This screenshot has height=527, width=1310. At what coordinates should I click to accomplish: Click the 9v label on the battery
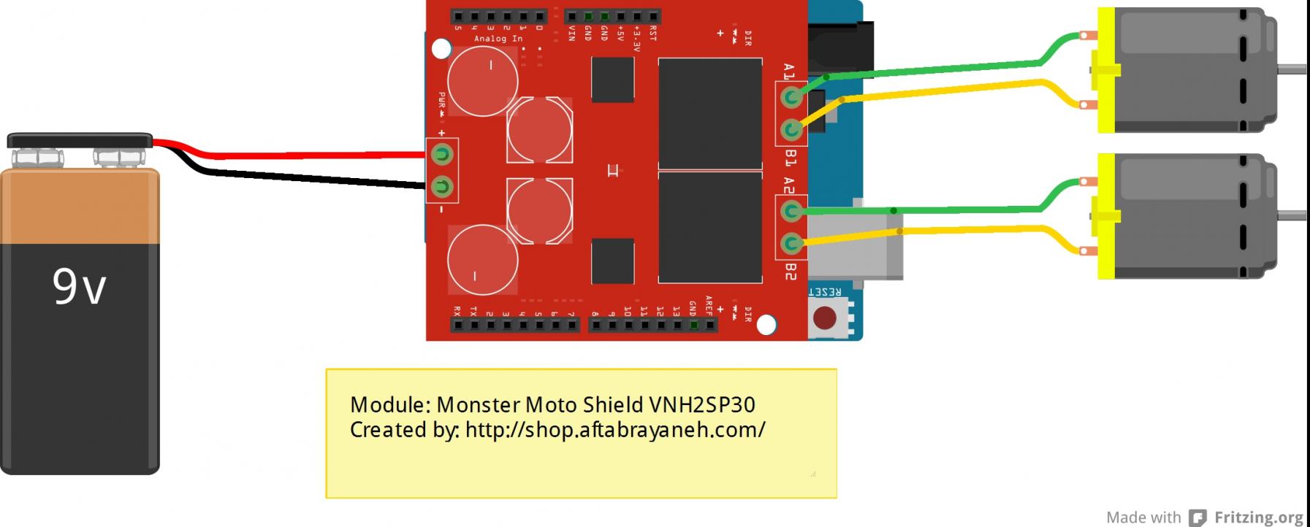pos(79,286)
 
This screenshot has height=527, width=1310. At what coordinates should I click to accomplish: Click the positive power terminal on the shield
pos(441,154)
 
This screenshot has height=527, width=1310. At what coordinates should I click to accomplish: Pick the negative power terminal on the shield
pos(441,187)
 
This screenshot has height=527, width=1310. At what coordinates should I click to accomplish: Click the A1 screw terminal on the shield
pos(791,97)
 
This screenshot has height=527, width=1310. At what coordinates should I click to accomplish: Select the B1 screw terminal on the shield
pos(791,130)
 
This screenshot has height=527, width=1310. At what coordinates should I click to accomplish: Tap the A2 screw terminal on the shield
pos(791,212)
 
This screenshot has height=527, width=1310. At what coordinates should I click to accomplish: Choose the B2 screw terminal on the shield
pos(791,243)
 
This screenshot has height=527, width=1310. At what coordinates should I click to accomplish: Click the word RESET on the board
pos(825,292)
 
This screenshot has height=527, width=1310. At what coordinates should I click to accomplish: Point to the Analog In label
pos(498,39)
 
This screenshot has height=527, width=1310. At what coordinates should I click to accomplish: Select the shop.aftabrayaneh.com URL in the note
pos(614,430)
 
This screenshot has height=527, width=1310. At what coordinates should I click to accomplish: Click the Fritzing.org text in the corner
pos(1258,518)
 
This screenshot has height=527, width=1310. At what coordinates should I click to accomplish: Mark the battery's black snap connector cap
pos(79,139)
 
